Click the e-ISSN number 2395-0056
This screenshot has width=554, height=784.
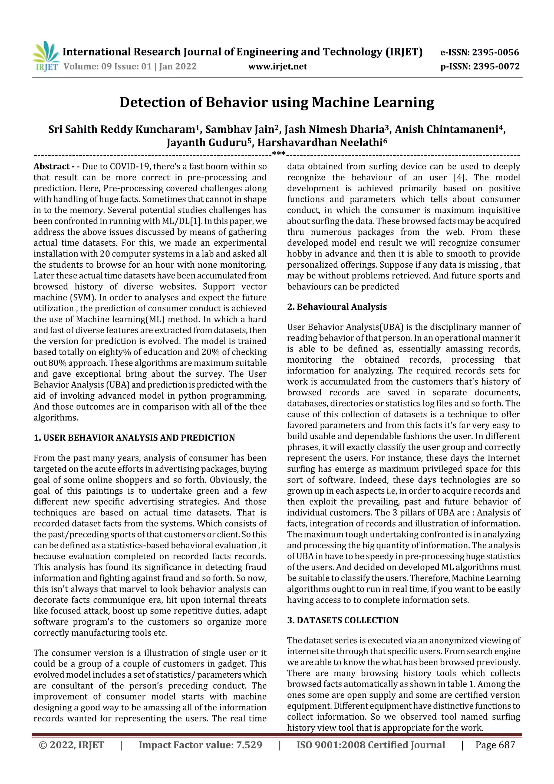[495, 52]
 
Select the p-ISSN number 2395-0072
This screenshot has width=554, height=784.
[496, 66]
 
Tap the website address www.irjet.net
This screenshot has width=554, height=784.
[278, 66]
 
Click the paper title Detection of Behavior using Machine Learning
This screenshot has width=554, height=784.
[277, 103]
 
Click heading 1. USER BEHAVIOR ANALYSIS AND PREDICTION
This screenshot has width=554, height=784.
[134, 438]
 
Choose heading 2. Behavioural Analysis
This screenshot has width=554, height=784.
[337, 307]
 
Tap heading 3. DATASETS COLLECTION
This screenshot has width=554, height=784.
[343, 620]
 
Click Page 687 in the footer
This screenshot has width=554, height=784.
[495, 745]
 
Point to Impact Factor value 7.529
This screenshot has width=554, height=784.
[200, 745]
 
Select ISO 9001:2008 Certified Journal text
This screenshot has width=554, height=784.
[371, 745]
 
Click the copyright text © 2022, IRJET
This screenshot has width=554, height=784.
[72, 745]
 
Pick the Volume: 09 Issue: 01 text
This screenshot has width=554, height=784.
[107, 66]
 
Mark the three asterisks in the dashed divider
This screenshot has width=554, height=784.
[279, 154]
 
